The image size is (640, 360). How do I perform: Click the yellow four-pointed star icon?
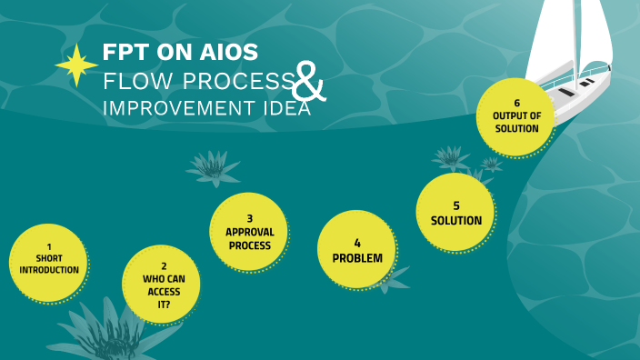point(76,65)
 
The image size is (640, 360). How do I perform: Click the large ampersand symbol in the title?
point(308,85)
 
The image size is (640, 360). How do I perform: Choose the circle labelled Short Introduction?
point(49,263)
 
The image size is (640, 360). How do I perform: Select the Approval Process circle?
point(249,232)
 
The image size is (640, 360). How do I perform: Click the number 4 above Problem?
point(357,243)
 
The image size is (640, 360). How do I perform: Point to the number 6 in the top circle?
point(515,103)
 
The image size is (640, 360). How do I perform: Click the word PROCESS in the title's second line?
point(236,81)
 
